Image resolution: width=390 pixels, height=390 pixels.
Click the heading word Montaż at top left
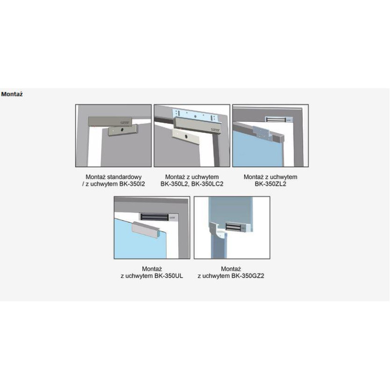click(12, 94)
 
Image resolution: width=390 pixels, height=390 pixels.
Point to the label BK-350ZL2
click(271, 184)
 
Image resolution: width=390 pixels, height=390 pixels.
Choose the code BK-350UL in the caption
click(169, 276)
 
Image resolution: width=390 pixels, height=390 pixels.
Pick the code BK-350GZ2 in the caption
click(248, 276)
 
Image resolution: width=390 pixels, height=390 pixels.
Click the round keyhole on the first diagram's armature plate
click(123, 130)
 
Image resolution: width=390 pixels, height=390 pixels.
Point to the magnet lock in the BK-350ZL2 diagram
click(278, 119)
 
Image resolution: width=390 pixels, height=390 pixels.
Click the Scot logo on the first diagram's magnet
click(125, 123)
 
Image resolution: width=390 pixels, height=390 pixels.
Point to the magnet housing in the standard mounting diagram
click(110, 121)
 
